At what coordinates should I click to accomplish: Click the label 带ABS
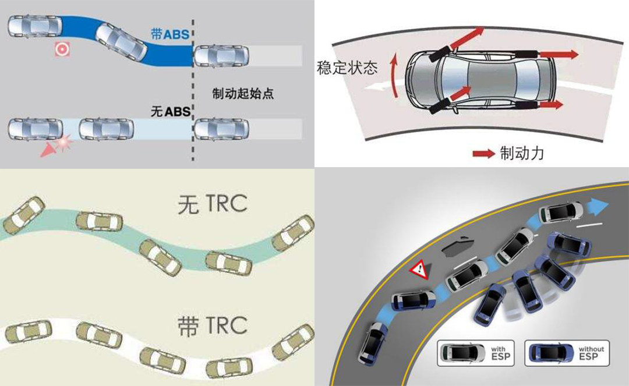click(x=170, y=34)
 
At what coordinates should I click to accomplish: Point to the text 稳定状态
click(x=347, y=68)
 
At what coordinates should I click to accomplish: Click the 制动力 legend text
click(x=522, y=153)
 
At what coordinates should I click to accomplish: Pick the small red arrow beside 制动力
click(x=483, y=154)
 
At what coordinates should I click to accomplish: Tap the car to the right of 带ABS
click(x=221, y=56)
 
